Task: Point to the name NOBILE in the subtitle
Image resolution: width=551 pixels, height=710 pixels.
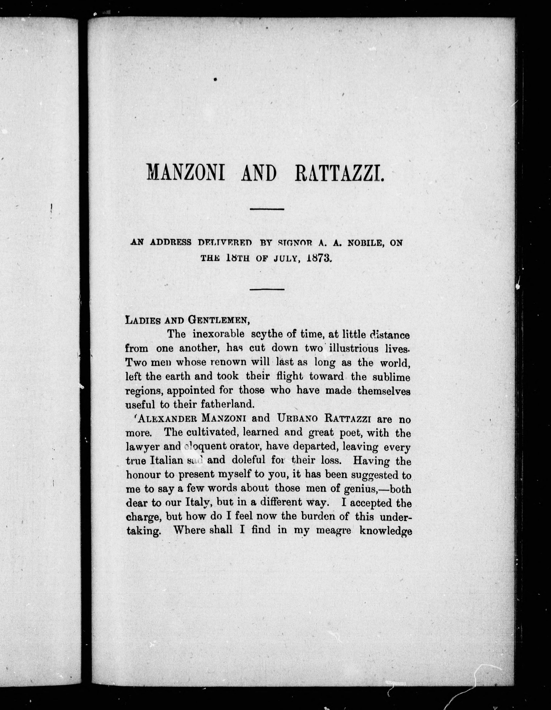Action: [x=364, y=243]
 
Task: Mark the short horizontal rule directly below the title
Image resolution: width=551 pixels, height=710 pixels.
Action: [x=267, y=209]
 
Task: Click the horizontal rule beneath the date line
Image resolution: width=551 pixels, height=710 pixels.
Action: [x=267, y=289]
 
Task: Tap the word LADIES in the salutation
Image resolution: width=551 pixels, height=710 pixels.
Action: [x=142, y=320]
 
